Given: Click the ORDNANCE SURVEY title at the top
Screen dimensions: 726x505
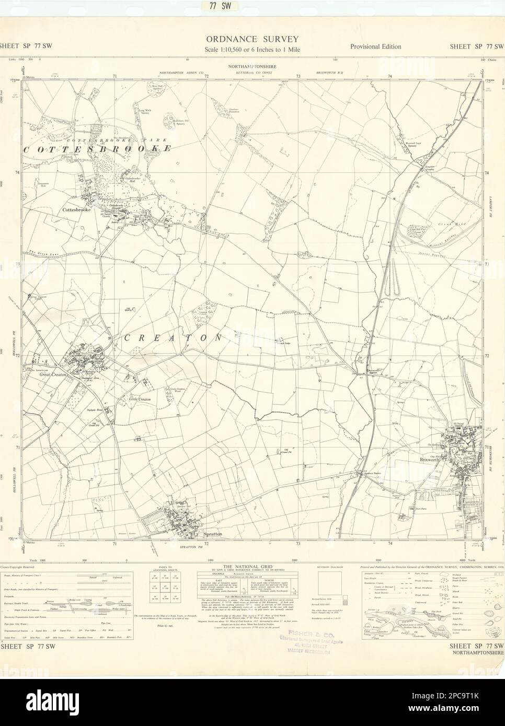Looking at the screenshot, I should pos(252,39).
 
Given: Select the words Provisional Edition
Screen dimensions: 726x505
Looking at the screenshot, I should pos(375,46).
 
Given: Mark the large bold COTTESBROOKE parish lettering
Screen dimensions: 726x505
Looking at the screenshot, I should pos(97,148).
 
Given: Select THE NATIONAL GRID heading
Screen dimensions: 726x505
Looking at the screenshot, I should pos(252,567).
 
